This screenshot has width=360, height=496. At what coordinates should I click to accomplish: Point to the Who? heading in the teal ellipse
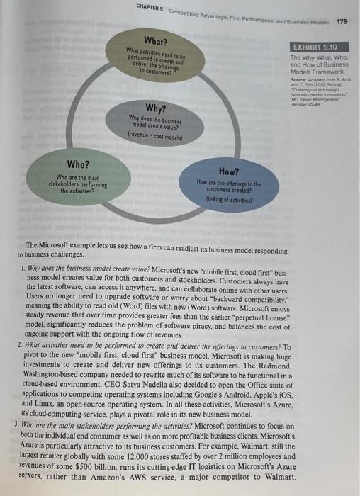point(77,164)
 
